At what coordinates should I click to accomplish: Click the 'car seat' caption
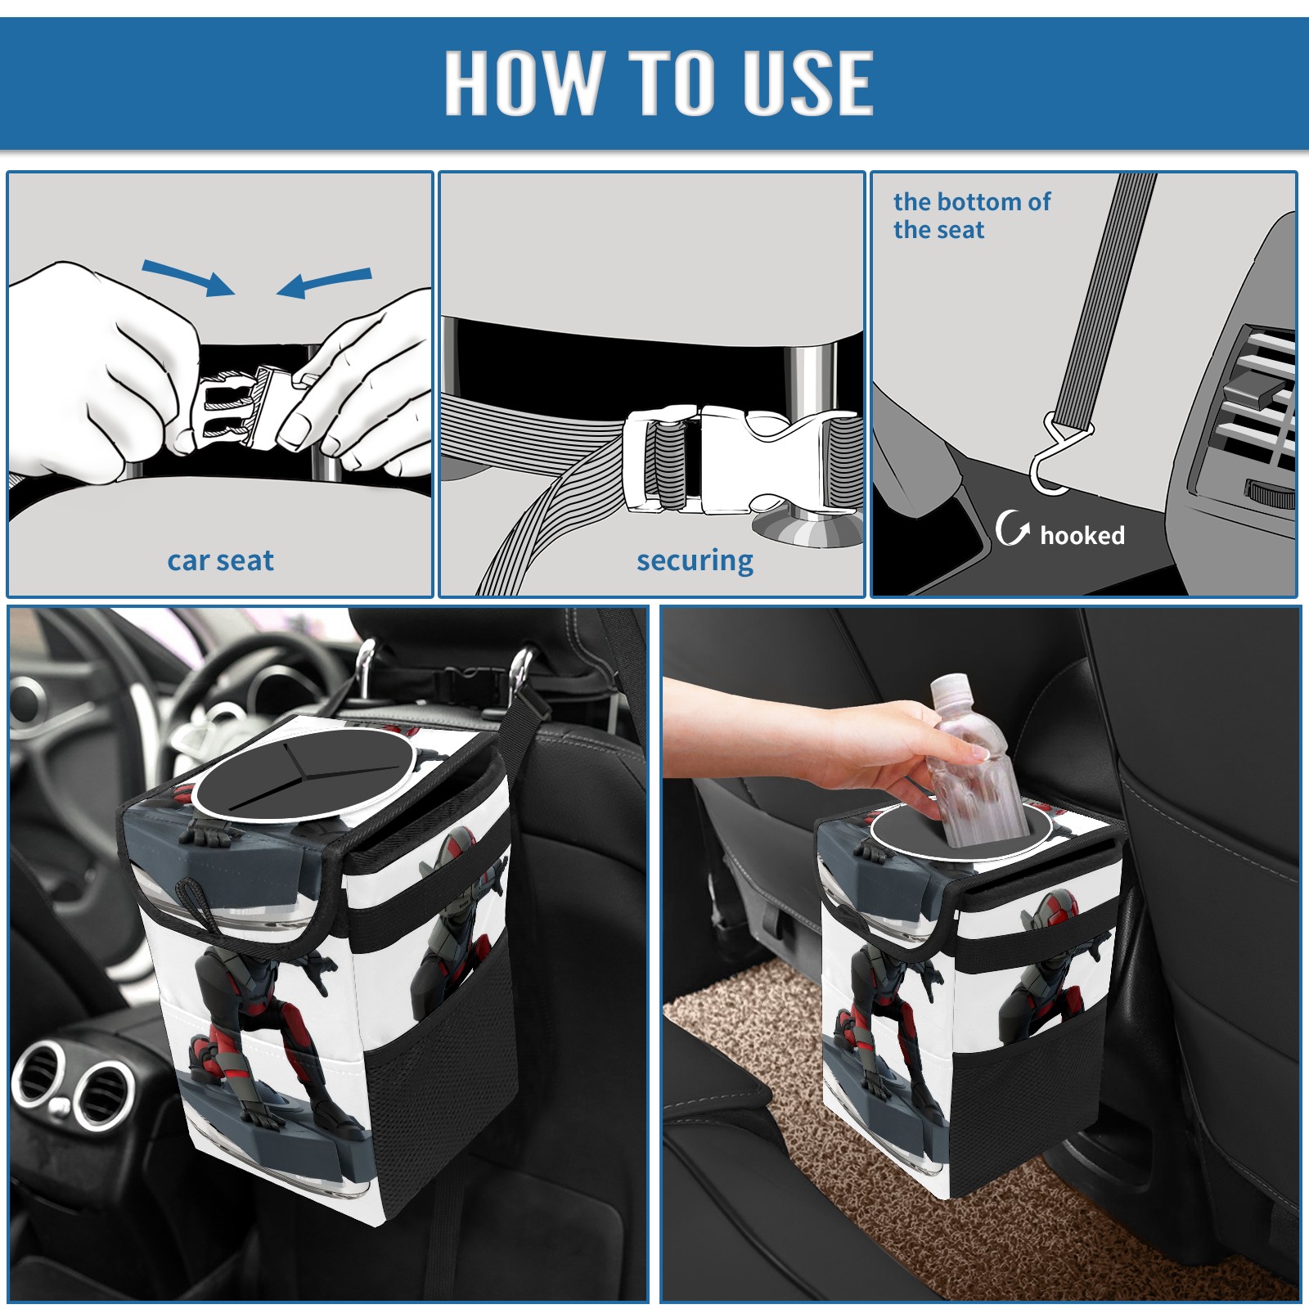point(220,560)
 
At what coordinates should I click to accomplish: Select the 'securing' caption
point(695,560)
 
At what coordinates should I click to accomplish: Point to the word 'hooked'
point(1082,535)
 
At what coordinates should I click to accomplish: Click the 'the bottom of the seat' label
point(972,215)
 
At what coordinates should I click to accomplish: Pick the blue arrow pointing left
point(324,282)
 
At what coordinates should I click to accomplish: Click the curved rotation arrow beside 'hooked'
point(1012,528)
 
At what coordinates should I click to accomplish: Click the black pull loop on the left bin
point(196,905)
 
